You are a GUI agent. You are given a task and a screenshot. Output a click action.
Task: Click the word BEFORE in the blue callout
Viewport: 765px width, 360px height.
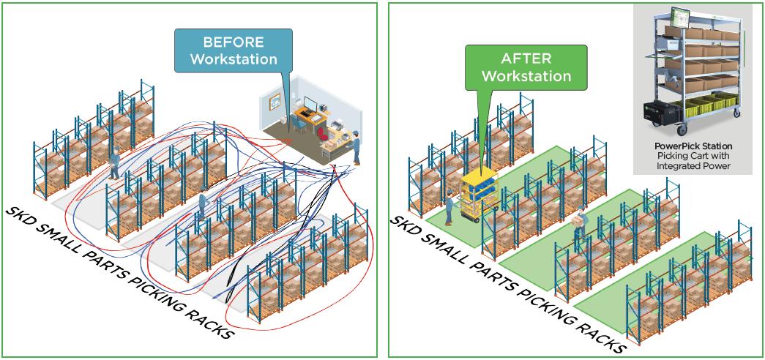point(232,42)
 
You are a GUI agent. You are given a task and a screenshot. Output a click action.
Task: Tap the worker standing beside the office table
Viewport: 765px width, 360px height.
point(356,146)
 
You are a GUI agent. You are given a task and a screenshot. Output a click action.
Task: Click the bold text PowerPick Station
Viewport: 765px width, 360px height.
point(693,146)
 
